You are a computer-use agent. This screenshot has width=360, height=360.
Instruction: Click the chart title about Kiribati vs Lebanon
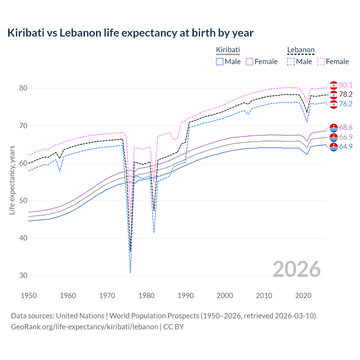(130, 33)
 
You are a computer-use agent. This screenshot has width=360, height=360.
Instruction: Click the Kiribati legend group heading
(228, 50)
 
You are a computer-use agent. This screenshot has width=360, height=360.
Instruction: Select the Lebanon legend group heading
(301, 50)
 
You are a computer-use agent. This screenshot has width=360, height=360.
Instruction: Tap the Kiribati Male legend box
(220, 62)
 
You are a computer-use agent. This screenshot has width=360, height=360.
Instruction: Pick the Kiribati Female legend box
(249, 62)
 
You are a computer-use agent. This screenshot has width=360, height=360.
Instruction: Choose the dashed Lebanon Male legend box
(291, 62)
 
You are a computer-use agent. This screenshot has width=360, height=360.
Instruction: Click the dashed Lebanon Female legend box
(321, 62)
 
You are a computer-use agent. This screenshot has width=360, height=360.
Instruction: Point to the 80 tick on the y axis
(23, 88)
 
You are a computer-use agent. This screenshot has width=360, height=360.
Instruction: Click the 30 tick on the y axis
(23, 276)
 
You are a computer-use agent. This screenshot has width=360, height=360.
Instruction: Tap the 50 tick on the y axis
(23, 201)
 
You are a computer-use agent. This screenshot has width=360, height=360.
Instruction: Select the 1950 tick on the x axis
(29, 296)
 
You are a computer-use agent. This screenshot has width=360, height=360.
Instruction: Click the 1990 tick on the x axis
(186, 296)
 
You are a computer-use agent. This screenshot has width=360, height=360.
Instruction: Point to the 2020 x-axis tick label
(303, 296)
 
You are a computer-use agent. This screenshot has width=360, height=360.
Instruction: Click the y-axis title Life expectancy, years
(12, 180)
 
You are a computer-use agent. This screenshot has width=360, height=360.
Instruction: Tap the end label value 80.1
(346, 85)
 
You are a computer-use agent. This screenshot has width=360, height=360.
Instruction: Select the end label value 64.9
(346, 147)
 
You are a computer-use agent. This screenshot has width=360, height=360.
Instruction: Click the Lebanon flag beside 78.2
(334, 95)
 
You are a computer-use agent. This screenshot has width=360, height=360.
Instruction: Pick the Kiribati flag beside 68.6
(334, 128)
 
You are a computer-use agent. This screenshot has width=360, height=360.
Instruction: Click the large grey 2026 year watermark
(297, 269)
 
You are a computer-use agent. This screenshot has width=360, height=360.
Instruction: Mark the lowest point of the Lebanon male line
(130, 273)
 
